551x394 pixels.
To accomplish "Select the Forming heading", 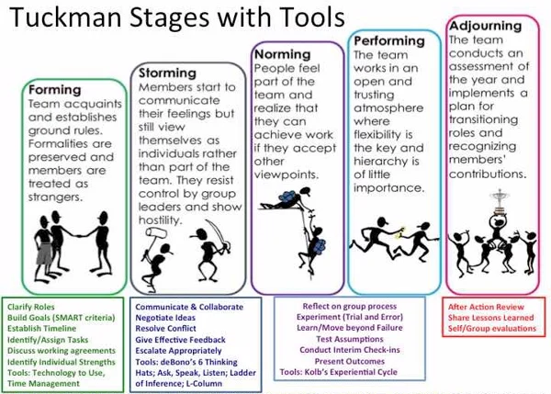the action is coord(55,90).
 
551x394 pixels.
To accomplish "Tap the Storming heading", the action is coord(167,73).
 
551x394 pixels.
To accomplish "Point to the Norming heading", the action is coord(283,54).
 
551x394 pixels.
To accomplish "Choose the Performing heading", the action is coord(389,41).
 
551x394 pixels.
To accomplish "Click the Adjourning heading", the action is coord(485,26).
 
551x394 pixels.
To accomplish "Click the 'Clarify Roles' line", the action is coord(31,307).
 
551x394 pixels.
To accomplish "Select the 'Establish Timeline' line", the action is coord(42,328).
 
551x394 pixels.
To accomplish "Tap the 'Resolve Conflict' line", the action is coord(166,328).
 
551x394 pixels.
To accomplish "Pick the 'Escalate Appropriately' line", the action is coord(178,351).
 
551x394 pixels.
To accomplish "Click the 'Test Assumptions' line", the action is coord(350,339).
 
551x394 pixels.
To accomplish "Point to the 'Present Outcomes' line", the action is coord(350,361).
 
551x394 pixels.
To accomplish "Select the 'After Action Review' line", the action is coord(486,307).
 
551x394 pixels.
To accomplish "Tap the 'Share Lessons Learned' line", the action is coord(491,318).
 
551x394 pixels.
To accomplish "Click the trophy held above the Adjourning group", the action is coord(500,201).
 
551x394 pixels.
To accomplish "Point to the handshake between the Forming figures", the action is coord(81,235).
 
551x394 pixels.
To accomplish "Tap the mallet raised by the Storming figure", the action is coord(154,238).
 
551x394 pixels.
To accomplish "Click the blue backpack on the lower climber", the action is coord(319,246).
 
